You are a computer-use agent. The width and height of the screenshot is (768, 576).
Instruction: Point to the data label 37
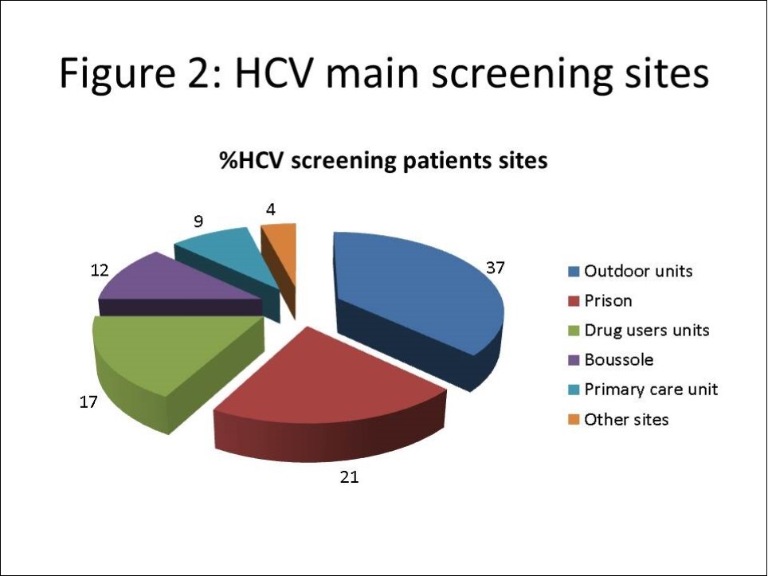(496, 268)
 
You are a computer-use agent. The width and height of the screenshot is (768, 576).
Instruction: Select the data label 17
(88, 402)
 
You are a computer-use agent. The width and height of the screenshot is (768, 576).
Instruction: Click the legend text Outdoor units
(638, 271)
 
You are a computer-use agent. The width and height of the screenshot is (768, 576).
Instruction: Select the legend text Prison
(608, 300)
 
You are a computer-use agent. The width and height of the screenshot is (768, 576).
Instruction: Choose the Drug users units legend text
(646, 330)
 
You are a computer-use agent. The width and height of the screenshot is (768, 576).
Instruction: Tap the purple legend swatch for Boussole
(573, 360)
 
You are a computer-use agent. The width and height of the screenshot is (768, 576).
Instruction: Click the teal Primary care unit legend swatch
(573, 390)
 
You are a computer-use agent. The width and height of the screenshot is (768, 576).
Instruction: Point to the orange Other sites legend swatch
(573, 419)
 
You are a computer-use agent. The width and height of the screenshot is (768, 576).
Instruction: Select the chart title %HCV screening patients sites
(383, 161)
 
